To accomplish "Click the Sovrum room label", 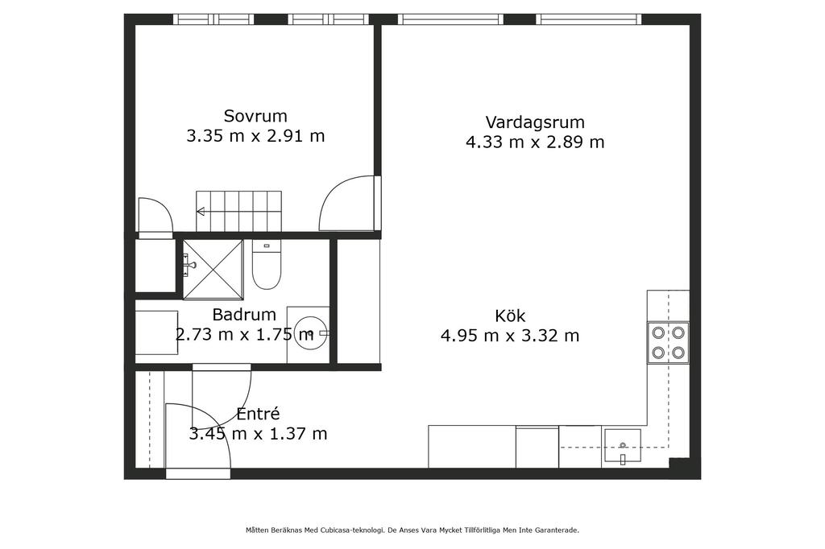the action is [x=255, y=116].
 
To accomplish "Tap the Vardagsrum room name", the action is [x=535, y=122].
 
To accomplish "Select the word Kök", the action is [x=510, y=316].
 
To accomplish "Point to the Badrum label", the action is [x=244, y=315].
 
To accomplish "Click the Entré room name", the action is [x=258, y=414].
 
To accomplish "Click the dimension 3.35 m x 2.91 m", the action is [x=255, y=136].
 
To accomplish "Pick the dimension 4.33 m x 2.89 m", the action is [x=535, y=142].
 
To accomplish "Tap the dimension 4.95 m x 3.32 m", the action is [x=510, y=336].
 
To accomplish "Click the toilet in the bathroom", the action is [x=267, y=265].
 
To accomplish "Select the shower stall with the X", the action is [x=213, y=269].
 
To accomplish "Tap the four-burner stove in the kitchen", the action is [x=668, y=342].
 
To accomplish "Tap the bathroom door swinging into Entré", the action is [x=222, y=395].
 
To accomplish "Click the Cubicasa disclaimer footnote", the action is [x=412, y=530].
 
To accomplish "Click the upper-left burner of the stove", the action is [x=658, y=332].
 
